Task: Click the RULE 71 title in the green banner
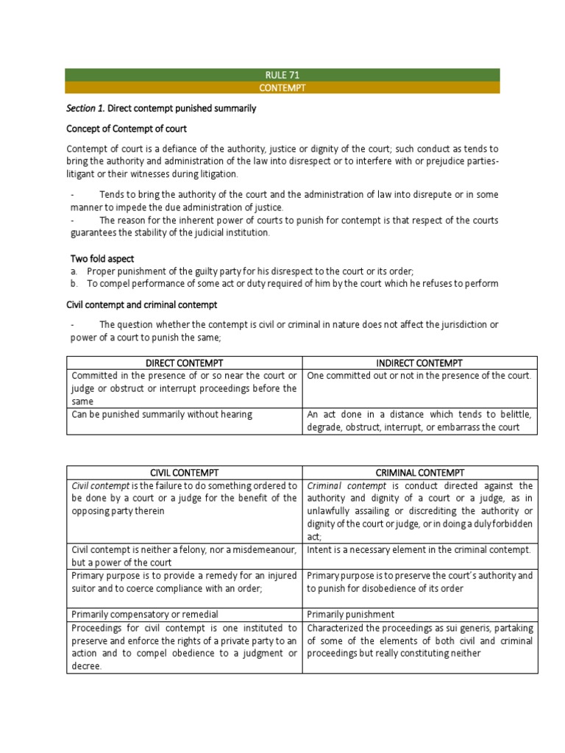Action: click(x=282, y=75)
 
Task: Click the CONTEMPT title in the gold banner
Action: click(x=282, y=88)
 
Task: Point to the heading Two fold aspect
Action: click(x=102, y=259)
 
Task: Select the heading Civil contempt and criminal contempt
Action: click(x=142, y=304)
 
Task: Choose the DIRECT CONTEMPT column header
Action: click(x=184, y=363)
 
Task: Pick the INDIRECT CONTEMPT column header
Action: click(x=420, y=363)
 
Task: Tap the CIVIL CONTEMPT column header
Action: click(x=184, y=472)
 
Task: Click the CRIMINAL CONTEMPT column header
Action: click(x=420, y=472)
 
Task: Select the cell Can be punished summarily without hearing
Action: click(x=162, y=414)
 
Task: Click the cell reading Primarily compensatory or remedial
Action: click(x=145, y=614)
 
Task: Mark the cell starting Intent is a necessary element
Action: click(x=419, y=549)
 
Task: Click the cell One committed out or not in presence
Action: click(x=419, y=376)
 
